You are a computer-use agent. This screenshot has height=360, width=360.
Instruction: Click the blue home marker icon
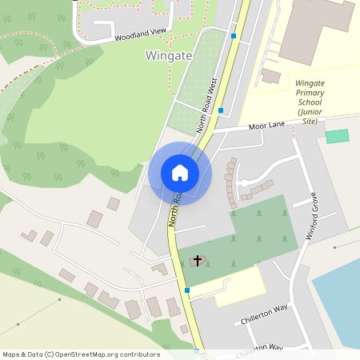[180, 173]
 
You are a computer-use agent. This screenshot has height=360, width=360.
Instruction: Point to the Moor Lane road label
[267, 126]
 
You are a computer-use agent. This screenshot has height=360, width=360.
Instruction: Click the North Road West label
[208, 103]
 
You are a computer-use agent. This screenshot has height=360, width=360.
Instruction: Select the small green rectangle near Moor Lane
[338, 136]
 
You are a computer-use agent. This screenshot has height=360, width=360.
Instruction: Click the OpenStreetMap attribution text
[81, 354]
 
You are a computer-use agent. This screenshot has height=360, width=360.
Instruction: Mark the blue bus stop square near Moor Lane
[220, 111]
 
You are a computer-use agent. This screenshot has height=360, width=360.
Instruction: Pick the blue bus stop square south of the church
[187, 290]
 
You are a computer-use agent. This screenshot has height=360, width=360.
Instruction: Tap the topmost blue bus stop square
[234, 36]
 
